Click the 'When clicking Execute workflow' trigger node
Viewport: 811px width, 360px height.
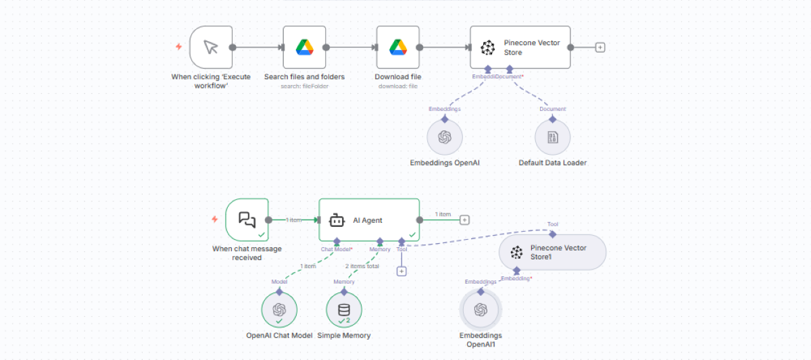click(211, 47)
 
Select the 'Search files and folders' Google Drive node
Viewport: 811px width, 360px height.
click(304, 47)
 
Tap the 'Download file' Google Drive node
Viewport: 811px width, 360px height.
click(397, 47)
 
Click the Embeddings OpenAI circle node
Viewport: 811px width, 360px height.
click(444, 137)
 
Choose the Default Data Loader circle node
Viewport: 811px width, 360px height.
click(552, 137)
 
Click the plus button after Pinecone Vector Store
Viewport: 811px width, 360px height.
click(600, 47)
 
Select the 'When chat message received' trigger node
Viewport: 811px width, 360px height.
click(247, 220)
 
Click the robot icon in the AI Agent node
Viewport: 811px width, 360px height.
click(337, 220)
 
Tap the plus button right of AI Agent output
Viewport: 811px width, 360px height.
click(464, 220)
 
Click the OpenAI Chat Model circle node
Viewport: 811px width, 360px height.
click(278, 310)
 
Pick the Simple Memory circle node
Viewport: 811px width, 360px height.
click(344, 310)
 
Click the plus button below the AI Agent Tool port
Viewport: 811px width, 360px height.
click(401, 271)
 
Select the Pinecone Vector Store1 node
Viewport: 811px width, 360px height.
click(552, 252)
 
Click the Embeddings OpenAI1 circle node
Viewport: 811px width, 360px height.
click(481, 310)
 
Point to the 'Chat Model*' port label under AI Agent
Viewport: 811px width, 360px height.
click(337, 249)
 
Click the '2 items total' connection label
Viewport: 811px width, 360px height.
click(363, 266)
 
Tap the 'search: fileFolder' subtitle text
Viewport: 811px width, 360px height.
click(304, 86)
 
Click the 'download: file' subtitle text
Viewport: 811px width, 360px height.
click(398, 86)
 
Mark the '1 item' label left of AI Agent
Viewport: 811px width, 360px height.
click(293, 220)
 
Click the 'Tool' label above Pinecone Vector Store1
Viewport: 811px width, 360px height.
click(553, 224)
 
